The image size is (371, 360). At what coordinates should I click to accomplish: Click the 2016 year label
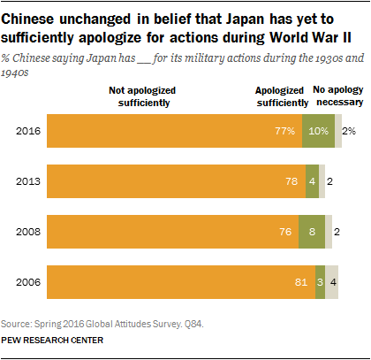pos(26,131)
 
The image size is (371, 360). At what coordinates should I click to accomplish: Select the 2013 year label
pos(26,181)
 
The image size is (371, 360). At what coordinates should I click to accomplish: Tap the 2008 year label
pos(26,232)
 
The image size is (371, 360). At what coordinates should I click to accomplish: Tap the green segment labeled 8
pos(313,232)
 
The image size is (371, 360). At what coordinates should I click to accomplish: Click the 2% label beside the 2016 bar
pos(350,131)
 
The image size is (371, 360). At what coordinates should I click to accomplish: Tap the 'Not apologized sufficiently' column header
pos(142,96)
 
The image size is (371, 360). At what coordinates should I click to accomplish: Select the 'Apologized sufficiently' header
pos(283,96)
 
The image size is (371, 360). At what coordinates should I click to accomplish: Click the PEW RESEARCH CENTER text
pos(54,340)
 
